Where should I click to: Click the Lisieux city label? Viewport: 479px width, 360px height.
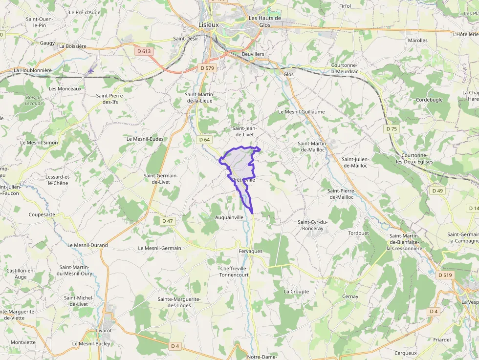tap(209, 24)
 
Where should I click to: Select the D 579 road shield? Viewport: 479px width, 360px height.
tap(207, 68)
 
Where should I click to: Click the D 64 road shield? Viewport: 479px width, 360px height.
tap(205, 140)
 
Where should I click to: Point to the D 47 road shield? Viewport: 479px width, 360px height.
tap(167, 221)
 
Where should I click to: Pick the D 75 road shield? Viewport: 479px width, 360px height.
tap(391, 128)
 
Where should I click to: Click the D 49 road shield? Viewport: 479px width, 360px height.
tap(437, 191)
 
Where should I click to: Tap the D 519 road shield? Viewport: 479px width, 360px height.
tap(445, 275)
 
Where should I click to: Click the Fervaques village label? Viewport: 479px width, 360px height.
tap(250, 251)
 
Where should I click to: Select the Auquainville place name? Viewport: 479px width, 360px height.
tap(229, 217)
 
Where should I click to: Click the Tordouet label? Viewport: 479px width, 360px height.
tap(358, 233)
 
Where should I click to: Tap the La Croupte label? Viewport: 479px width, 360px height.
tap(296, 292)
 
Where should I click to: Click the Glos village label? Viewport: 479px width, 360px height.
tap(288, 74)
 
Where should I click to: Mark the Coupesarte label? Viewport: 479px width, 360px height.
tap(42, 214)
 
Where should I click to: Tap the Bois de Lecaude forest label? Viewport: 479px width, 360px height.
tap(34, 100)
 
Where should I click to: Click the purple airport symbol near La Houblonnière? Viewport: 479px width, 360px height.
tap(89, 71)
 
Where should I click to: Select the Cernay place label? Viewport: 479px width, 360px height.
tap(350, 296)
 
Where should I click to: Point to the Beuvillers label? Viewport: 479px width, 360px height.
tap(253, 54)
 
